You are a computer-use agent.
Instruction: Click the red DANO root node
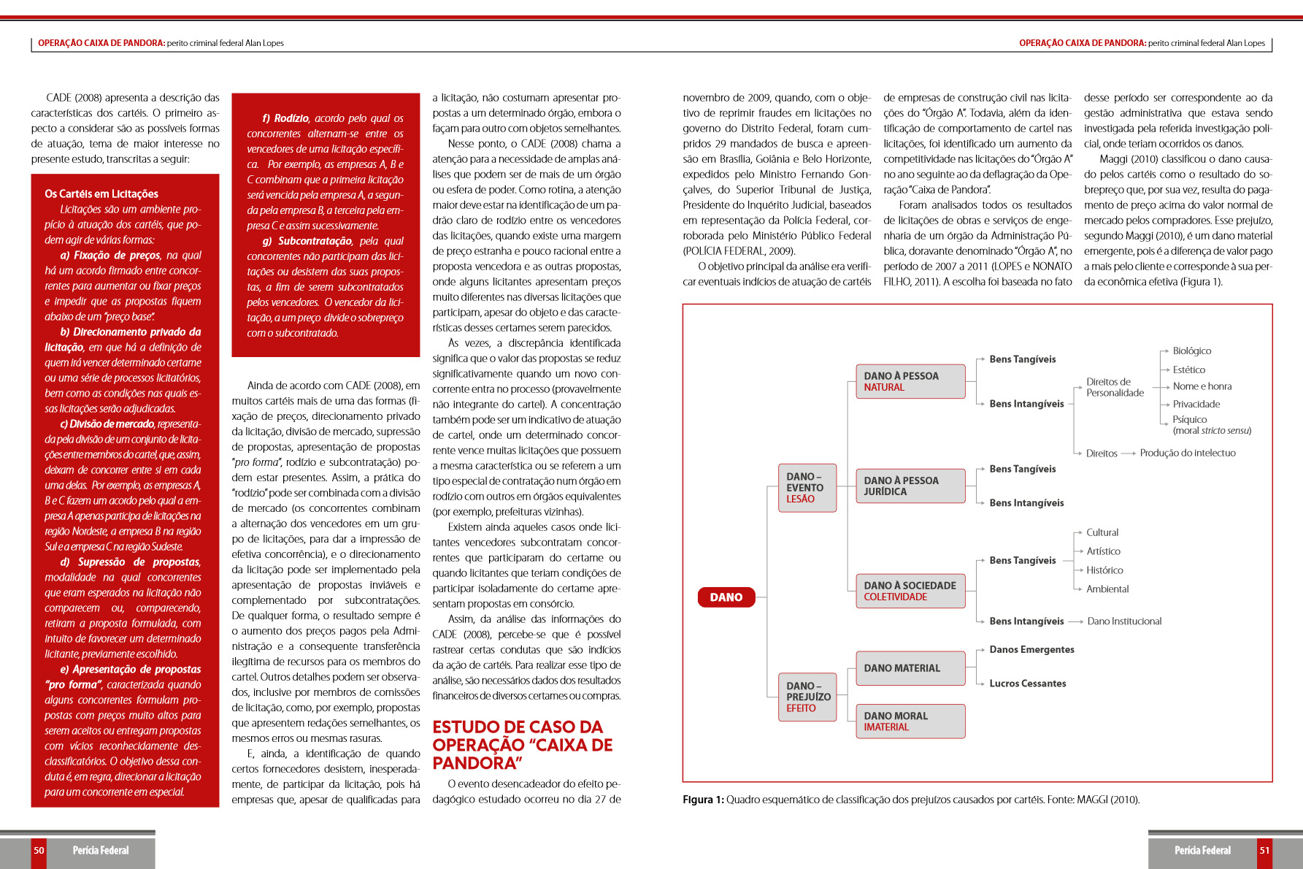(x=726, y=597)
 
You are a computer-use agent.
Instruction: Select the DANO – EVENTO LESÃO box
(x=807, y=488)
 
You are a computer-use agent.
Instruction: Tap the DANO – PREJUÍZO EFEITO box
(x=807, y=697)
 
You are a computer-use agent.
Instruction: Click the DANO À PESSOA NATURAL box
(x=910, y=381)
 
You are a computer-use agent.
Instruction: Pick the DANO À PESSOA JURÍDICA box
(x=910, y=486)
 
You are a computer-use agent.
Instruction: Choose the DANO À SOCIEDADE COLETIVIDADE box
(x=910, y=591)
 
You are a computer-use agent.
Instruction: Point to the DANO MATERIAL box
(x=910, y=668)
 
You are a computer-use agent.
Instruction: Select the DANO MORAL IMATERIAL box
(x=910, y=721)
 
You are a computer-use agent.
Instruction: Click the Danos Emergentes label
(x=1031, y=650)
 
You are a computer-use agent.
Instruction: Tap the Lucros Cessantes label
(x=1027, y=684)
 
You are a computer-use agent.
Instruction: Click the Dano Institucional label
(x=1124, y=621)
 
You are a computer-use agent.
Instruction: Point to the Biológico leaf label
(x=1191, y=351)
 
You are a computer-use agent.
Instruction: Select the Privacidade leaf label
(x=1196, y=405)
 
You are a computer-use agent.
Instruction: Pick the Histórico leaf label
(x=1104, y=570)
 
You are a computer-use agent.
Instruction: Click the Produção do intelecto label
(x=1188, y=453)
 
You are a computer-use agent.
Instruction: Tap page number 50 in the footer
(x=39, y=851)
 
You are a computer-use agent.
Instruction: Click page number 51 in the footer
(x=1264, y=851)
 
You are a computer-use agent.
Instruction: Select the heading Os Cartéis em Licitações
(x=101, y=194)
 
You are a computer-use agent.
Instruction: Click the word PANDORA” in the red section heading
(x=477, y=763)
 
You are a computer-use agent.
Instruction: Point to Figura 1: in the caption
(x=703, y=800)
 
